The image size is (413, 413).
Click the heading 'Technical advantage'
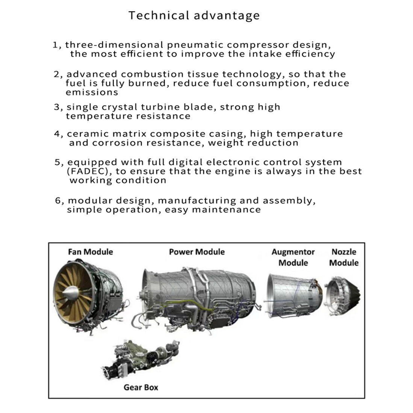pos(194,15)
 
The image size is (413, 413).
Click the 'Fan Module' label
pos(90,252)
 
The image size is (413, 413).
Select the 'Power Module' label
pos(197,252)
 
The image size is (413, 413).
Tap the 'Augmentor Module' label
pos(293,257)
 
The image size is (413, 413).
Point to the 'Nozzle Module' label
pos(343,257)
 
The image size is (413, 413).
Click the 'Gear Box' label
pos(141,387)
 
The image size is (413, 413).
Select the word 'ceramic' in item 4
pos(89,134)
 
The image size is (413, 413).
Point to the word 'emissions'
pos(92,92)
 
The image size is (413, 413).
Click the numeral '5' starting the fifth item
pos(57,163)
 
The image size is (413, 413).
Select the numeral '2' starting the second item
pos(57,74)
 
